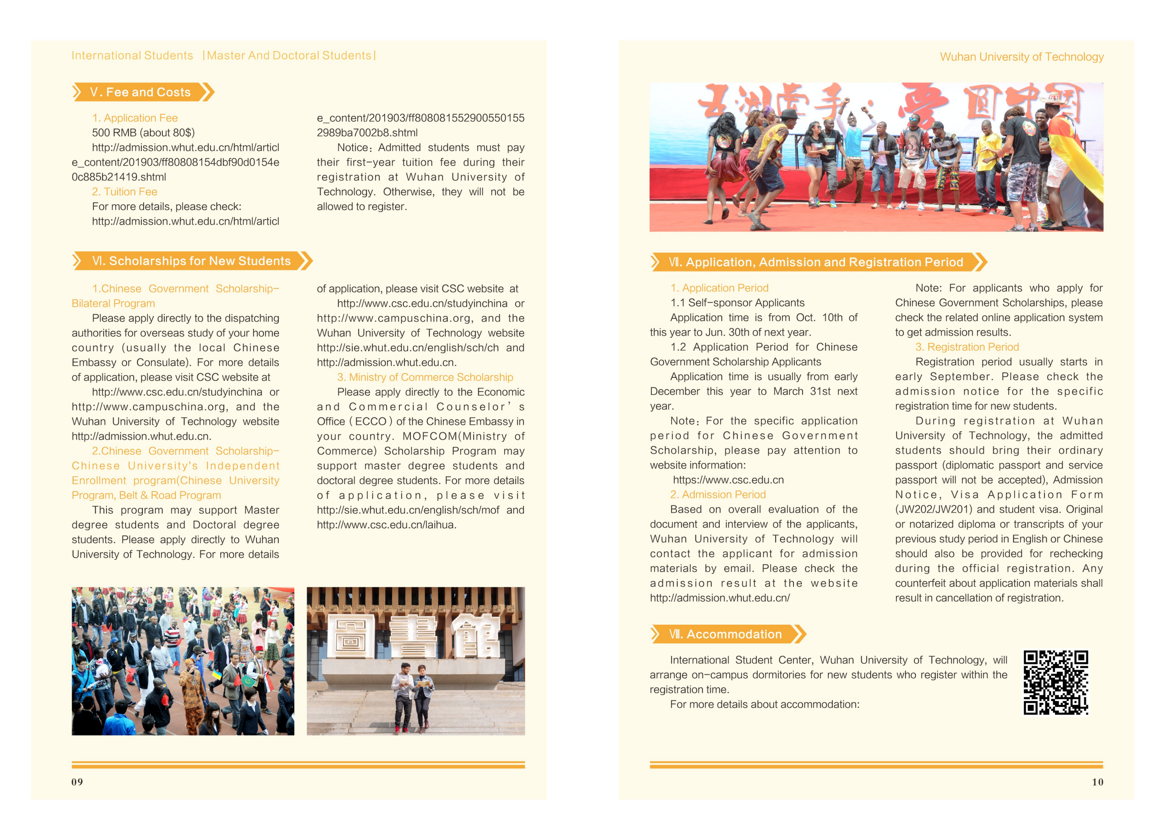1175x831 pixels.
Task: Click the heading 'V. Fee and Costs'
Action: click(140, 92)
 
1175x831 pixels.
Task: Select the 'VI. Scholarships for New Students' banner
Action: click(191, 261)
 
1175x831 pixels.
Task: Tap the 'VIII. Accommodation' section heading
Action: click(725, 635)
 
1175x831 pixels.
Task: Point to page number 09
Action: click(77, 782)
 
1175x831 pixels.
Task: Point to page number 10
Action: click(1097, 782)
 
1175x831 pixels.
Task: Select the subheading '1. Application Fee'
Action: click(135, 118)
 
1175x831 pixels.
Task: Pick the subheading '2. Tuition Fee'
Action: click(125, 192)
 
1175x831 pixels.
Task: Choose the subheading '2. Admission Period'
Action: click(718, 495)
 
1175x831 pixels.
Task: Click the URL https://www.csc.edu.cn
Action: click(728, 480)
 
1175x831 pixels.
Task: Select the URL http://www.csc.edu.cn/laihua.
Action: click(386, 525)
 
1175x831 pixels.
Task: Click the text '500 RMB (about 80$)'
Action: click(143, 133)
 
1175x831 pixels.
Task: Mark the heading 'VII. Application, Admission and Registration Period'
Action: click(816, 262)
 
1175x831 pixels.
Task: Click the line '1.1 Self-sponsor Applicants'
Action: click(738, 303)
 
